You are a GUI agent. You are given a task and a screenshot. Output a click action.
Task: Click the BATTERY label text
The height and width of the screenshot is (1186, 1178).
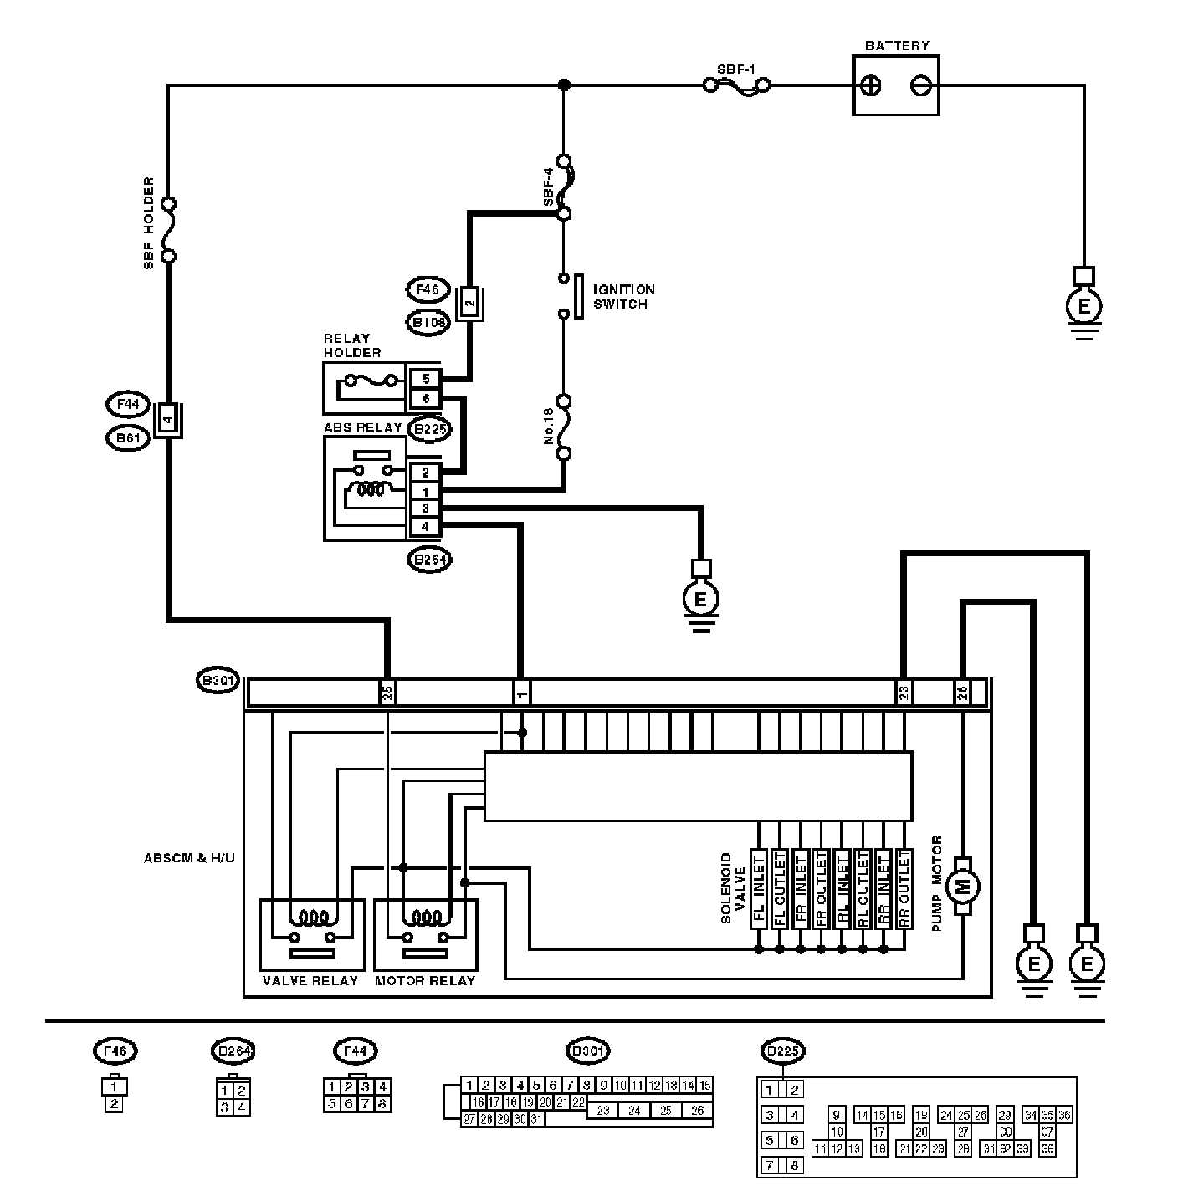pyautogui.click(x=896, y=46)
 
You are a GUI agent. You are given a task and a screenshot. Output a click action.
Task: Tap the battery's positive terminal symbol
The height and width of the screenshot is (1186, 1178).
pyautogui.click(x=871, y=85)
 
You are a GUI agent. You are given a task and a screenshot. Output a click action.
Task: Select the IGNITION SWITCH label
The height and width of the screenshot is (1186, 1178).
pyautogui.click(x=623, y=297)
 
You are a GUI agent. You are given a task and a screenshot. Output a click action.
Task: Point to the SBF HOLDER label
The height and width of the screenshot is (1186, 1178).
pyautogui.click(x=149, y=222)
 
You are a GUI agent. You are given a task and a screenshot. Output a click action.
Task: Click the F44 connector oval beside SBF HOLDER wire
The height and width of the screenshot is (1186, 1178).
pyautogui.click(x=128, y=405)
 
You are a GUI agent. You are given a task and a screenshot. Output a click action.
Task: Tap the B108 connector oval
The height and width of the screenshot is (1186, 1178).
pyautogui.click(x=428, y=322)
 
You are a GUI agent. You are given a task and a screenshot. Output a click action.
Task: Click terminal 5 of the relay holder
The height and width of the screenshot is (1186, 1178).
pyautogui.click(x=426, y=380)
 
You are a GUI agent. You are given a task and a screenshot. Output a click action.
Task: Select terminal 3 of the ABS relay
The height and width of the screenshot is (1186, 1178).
pyautogui.click(x=426, y=509)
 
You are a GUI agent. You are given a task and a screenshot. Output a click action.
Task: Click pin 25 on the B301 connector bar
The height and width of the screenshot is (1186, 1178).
pyautogui.click(x=387, y=693)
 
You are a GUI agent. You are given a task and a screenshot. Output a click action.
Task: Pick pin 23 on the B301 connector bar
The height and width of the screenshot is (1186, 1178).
pyautogui.click(x=904, y=693)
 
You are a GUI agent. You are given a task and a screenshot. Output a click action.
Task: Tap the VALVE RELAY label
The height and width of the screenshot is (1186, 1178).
pyautogui.click(x=310, y=980)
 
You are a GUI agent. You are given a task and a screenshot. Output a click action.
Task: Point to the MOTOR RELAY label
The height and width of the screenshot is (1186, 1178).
pyautogui.click(x=425, y=980)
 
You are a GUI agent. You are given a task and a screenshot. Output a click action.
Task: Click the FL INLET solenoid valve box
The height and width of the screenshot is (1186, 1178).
pyautogui.click(x=759, y=888)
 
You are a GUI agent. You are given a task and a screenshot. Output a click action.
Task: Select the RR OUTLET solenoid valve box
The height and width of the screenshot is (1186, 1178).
pyautogui.click(x=904, y=888)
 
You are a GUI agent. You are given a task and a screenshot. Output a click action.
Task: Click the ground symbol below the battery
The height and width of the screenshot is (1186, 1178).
pyautogui.click(x=1084, y=307)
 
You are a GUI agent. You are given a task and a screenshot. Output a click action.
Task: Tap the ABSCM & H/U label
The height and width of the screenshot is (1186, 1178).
pyautogui.click(x=188, y=858)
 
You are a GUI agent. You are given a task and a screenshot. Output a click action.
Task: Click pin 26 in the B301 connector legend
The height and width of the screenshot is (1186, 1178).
pyautogui.click(x=697, y=1111)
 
